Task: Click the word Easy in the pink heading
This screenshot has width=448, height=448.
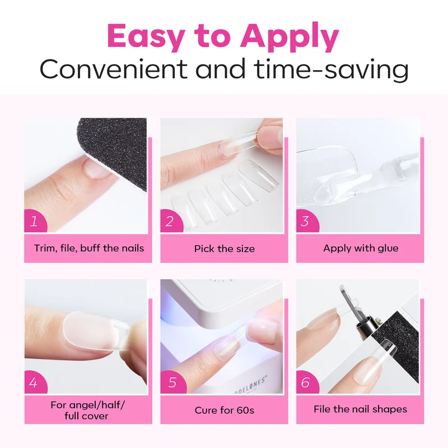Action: (146, 36)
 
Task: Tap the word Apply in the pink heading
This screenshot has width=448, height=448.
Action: (290, 36)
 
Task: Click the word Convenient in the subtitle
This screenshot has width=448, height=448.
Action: (114, 69)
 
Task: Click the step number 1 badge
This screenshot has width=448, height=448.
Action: (35, 221)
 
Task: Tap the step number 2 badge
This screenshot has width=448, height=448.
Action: (171, 221)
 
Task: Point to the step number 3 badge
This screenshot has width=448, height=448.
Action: (306, 221)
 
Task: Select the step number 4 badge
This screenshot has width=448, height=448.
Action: (35, 382)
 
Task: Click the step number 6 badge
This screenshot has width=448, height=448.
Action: (306, 382)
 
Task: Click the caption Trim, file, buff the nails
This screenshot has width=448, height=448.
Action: (89, 248)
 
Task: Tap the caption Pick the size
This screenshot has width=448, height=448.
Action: (225, 249)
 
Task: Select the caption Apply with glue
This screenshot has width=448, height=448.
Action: (361, 248)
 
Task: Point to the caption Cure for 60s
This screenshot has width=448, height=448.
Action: (225, 410)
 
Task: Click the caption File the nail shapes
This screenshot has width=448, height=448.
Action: (360, 409)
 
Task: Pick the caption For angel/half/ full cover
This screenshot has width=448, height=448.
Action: (87, 410)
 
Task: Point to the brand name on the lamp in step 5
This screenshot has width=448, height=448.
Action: (251, 386)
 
